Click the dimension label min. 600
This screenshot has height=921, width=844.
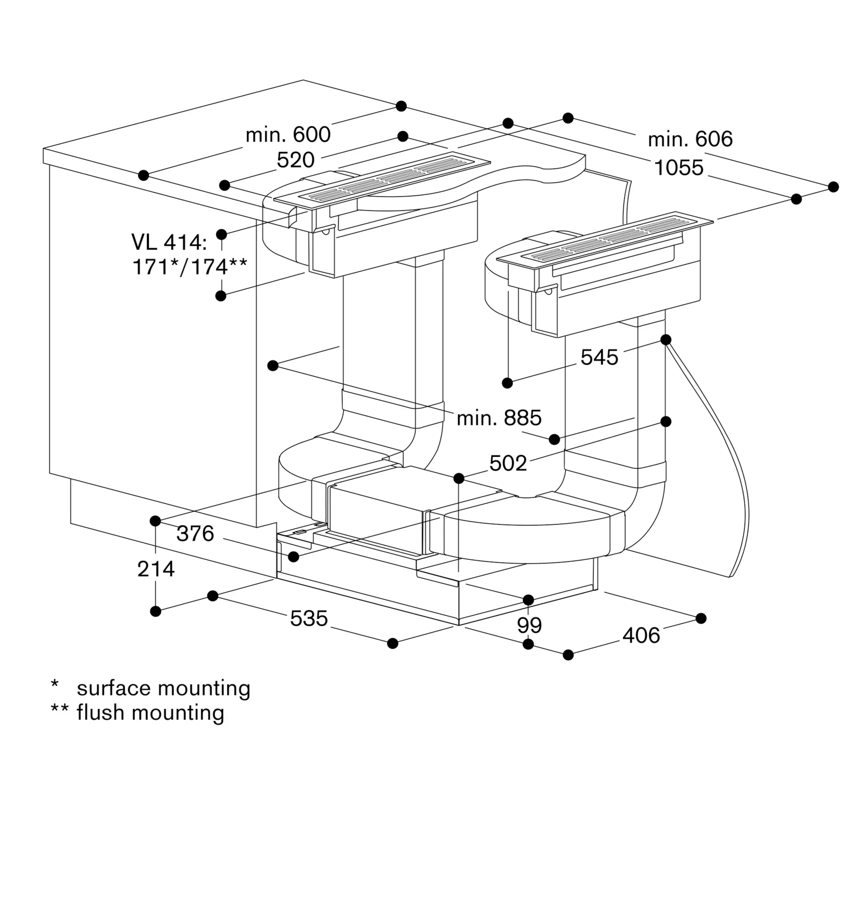point(288,134)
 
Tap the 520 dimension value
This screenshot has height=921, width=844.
point(295,160)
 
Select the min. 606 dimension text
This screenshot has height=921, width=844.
point(690,139)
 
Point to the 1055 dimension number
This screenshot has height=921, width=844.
point(679,168)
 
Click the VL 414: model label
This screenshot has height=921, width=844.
point(169,242)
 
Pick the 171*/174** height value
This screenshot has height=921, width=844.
point(190,267)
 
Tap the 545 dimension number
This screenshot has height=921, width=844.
point(599,357)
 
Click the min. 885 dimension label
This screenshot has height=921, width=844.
point(499,418)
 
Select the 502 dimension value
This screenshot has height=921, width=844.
point(508,463)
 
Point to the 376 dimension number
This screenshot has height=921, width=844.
point(195,533)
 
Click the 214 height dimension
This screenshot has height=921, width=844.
point(156,569)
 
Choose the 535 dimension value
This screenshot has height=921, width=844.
point(309,618)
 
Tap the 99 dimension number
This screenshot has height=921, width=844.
point(529,625)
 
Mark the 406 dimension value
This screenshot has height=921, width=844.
point(641,635)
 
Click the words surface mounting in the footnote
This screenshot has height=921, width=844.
point(164,688)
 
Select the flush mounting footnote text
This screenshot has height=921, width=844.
point(150,713)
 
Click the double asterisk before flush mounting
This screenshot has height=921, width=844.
point(59,708)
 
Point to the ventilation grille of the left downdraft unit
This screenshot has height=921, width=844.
point(382,178)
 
